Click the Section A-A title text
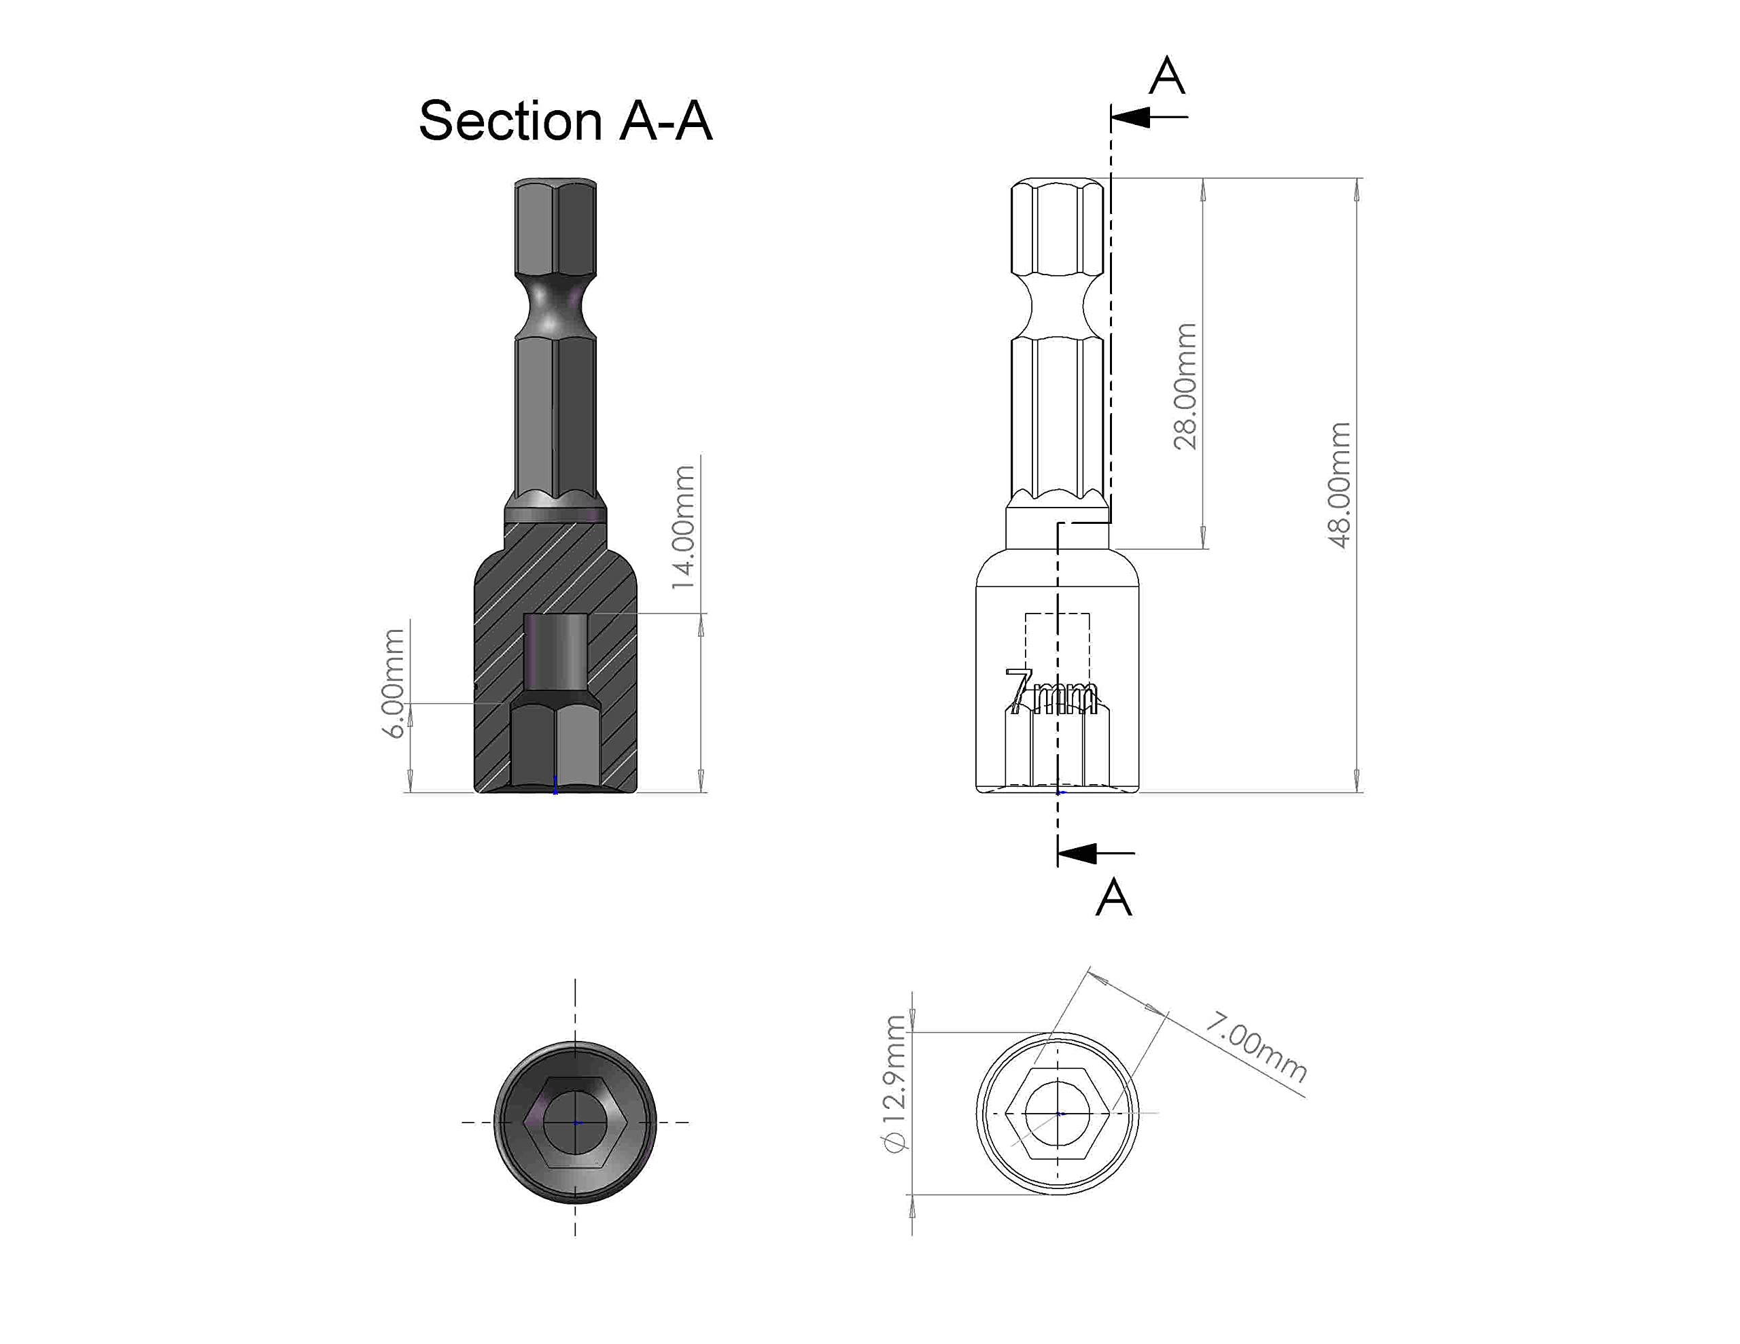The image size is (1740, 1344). (565, 121)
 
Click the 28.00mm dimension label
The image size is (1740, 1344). (1185, 387)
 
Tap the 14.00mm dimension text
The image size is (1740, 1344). (684, 527)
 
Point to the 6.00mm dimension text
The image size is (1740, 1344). (394, 684)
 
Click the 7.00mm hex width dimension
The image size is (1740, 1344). (1255, 1047)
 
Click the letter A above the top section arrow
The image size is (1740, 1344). (1167, 77)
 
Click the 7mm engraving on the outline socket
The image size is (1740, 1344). (1050, 692)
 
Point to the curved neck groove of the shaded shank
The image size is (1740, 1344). (555, 306)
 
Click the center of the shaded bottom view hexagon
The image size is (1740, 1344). (576, 1122)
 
